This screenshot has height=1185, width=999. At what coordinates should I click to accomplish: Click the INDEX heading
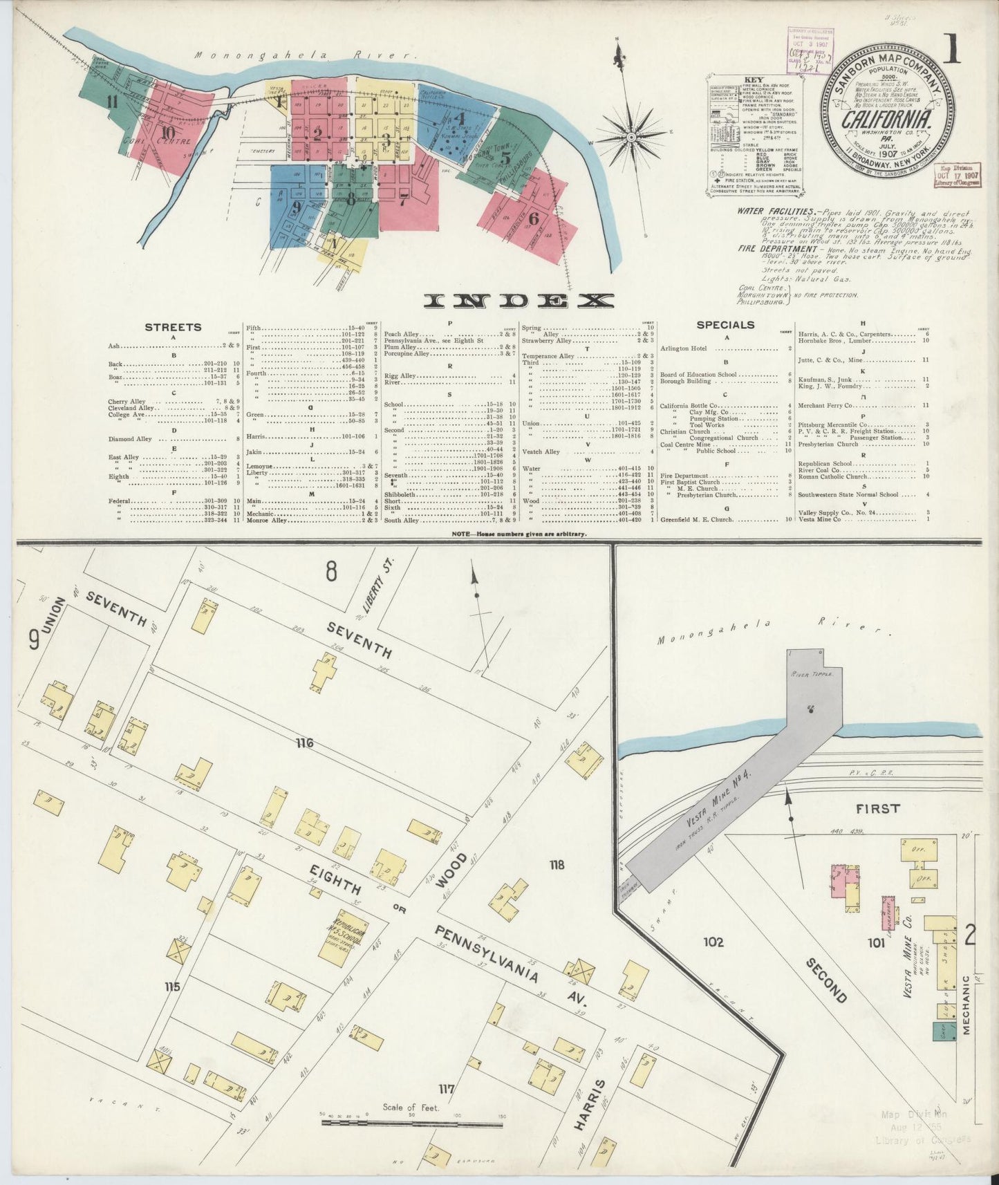pyautogui.click(x=519, y=300)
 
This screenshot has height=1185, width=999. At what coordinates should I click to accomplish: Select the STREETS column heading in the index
pyautogui.click(x=173, y=327)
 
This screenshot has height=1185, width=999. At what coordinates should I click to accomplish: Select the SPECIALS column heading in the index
pyautogui.click(x=725, y=324)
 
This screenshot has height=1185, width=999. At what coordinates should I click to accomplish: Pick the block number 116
pyautogui.click(x=304, y=743)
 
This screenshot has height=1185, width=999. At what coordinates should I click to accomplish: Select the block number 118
pyautogui.click(x=557, y=864)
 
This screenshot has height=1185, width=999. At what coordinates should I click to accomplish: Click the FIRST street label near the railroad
pyautogui.click(x=877, y=808)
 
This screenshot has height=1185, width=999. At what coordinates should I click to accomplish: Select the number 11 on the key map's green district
pyautogui.click(x=111, y=103)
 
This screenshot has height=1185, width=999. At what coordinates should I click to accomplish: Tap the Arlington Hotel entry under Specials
pyautogui.click(x=684, y=348)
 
